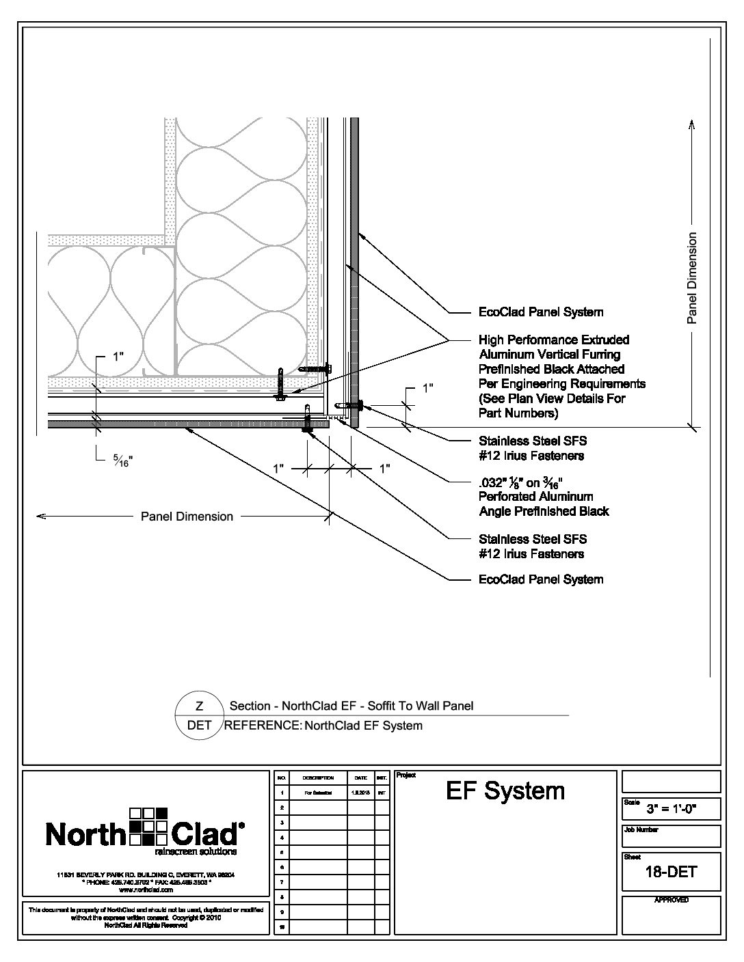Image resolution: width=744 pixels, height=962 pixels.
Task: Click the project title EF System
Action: [505, 791]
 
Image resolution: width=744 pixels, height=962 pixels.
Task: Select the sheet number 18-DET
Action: [671, 871]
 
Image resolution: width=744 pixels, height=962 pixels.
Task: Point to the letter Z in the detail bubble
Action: [199, 706]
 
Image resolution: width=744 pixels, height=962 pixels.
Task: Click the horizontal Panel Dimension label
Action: [187, 517]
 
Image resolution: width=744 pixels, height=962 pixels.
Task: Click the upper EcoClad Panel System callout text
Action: [540, 312]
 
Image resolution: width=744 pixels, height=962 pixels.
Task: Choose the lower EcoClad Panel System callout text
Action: [540, 579]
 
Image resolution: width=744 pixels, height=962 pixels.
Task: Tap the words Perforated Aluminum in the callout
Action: [535, 497]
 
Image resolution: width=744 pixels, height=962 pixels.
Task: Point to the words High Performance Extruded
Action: [554, 340]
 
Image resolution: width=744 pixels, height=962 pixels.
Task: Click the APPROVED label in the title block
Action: [671, 901]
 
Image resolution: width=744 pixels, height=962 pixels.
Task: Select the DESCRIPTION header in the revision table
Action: [318, 778]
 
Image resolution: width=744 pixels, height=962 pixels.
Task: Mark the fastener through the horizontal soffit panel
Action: [308, 420]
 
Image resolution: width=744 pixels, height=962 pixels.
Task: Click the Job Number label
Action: [641, 829]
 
